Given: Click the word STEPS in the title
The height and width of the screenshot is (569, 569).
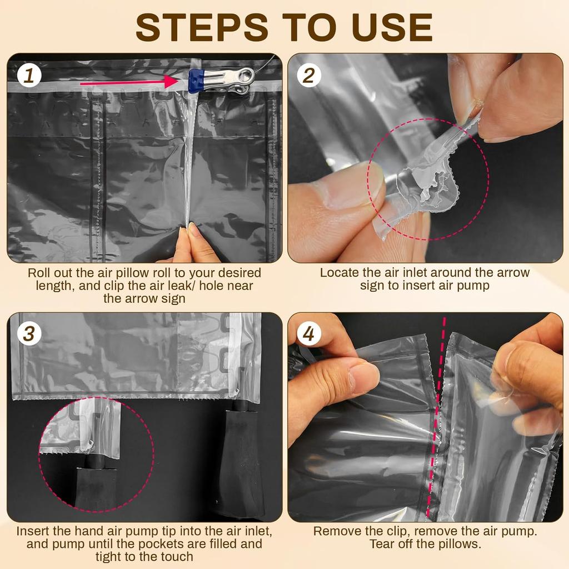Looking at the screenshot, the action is [x=202, y=27].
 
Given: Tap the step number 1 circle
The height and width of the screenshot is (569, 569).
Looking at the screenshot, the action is [x=29, y=76].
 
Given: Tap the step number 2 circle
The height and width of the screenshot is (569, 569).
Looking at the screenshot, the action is [x=309, y=75].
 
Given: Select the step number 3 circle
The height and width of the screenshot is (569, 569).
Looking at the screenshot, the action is [x=29, y=333].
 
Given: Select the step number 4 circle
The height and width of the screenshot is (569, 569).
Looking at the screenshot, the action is [x=309, y=333].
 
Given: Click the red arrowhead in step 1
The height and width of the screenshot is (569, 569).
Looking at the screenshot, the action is [x=171, y=82].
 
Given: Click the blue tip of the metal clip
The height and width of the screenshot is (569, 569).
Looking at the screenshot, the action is [x=196, y=81].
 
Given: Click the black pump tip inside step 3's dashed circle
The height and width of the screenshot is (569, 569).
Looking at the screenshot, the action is [x=95, y=460].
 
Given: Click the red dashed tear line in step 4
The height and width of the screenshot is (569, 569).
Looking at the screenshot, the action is [x=437, y=417].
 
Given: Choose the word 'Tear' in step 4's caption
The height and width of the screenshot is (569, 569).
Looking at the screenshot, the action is [x=382, y=543].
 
